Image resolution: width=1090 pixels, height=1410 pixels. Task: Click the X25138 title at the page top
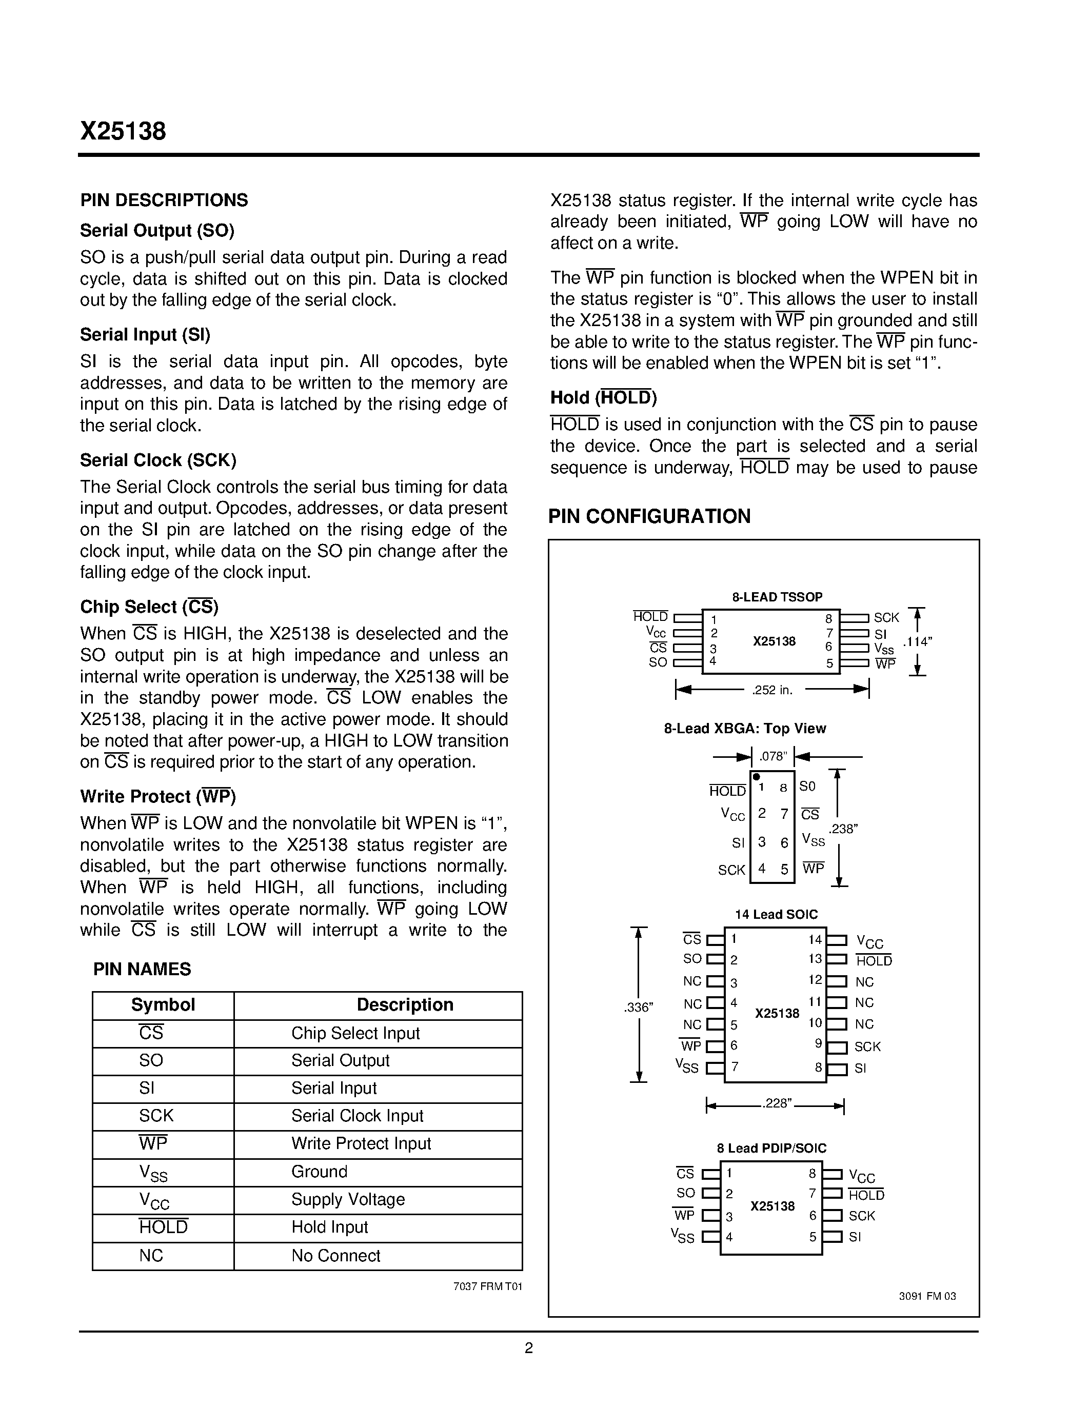point(123,131)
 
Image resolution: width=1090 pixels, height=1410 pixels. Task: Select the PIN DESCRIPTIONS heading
point(164,200)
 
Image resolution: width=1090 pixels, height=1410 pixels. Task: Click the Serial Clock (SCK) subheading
point(158,460)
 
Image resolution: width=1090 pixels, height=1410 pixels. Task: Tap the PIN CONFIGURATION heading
point(649,516)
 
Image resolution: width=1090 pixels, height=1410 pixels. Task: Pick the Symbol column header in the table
point(163,1005)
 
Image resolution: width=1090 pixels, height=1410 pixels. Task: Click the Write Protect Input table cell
point(361,1144)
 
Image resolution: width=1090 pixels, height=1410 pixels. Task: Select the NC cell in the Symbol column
point(151,1256)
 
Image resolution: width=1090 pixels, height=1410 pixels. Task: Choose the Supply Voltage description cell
point(348,1200)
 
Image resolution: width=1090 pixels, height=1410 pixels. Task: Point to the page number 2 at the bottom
point(529,1348)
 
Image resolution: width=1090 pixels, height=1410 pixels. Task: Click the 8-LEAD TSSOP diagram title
point(777,597)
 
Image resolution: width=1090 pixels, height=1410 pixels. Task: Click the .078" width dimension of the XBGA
point(773,756)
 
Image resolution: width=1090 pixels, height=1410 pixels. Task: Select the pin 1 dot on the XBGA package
point(757,777)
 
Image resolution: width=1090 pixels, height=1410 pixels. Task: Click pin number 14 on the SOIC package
point(815,940)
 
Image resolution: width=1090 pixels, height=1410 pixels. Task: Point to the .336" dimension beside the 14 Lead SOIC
point(639,1007)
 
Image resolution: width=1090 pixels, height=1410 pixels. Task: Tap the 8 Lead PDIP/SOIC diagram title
point(771,1149)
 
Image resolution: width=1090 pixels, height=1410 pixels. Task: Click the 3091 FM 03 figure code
point(927,1296)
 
